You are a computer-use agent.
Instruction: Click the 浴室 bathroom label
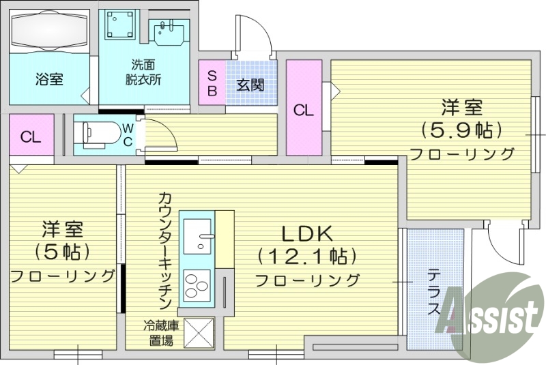[49, 79]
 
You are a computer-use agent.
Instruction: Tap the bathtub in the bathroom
[49, 31]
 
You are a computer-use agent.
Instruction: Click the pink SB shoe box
[212, 83]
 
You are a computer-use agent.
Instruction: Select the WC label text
[128, 134]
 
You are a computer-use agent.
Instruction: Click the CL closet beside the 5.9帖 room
[304, 110]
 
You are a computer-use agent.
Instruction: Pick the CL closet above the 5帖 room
[31, 136]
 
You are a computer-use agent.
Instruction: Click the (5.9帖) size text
[461, 129]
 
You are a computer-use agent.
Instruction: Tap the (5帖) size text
[62, 252]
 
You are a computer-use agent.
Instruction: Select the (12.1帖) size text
[307, 257]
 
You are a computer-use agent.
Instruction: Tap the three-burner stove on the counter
[198, 286]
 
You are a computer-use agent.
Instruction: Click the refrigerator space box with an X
[198, 334]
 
